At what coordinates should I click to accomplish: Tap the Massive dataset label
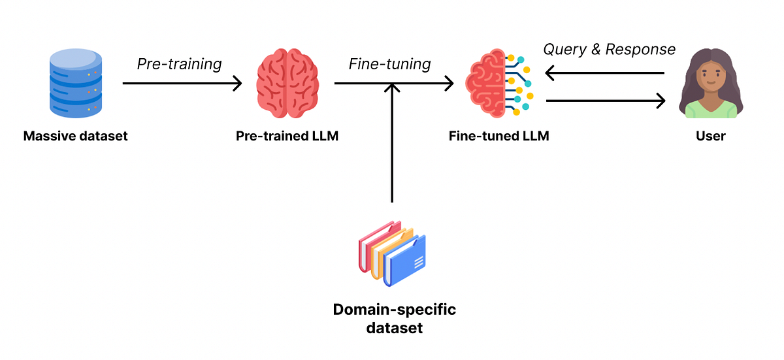(x=76, y=137)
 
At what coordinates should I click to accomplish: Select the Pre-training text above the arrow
(x=179, y=64)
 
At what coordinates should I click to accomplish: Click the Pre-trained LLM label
(x=287, y=137)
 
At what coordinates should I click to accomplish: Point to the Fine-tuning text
(x=389, y=64)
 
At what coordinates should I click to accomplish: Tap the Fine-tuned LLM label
(x=498, y=137)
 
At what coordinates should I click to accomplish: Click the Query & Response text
(x=610, y=50)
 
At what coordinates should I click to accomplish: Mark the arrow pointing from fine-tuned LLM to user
(x=605, y=101)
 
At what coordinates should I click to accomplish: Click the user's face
(x=710, y=76)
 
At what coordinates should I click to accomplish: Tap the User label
(x=711, y=137)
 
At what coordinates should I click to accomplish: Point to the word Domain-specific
(x=394, y=309)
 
